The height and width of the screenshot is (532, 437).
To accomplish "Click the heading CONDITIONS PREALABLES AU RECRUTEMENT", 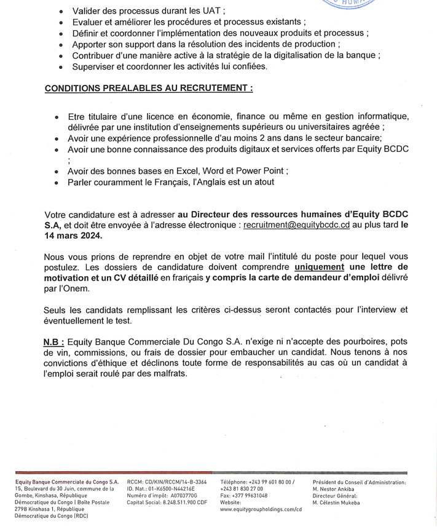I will pyautogui.click(x=149, y=88).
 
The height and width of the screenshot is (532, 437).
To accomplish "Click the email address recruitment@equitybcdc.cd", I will pyautogui.click(x=297, y=225).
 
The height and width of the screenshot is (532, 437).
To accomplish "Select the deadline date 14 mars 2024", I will pyautogui.click(x=74, y=236).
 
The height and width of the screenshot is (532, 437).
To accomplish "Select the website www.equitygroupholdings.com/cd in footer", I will pyautogui.click(x=261, y=509).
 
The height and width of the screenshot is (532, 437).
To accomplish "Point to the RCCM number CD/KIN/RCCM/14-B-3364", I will pyautogui.click(x=176, y=482).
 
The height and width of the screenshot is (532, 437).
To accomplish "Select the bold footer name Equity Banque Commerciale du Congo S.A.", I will pyautogui.click(x=67, y=482).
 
